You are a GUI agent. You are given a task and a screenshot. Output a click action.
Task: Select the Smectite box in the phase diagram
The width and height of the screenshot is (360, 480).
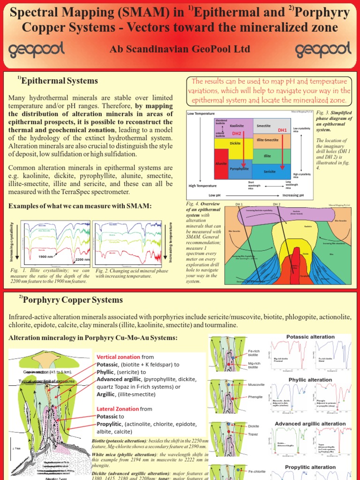coord(264,126)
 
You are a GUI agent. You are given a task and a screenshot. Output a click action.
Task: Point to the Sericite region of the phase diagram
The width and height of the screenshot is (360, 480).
coord(269,172)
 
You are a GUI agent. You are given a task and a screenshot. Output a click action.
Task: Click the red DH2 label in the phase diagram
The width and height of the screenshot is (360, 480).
coord(237,134)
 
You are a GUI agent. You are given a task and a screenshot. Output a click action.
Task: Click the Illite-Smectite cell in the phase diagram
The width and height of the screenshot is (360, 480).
coord(268,140)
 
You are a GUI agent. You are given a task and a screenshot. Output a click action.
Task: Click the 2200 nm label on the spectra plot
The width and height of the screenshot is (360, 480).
coord(82,259)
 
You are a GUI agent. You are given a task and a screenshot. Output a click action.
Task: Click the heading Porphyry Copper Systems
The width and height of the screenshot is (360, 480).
coord(73,300)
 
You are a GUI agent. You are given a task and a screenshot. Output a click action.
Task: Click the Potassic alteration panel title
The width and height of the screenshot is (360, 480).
coord(310,337)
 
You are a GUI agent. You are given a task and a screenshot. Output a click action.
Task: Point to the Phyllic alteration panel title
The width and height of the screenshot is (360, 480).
coord(310,380)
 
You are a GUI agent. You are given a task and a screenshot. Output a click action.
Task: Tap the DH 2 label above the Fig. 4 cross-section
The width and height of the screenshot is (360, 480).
coord(276,204)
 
